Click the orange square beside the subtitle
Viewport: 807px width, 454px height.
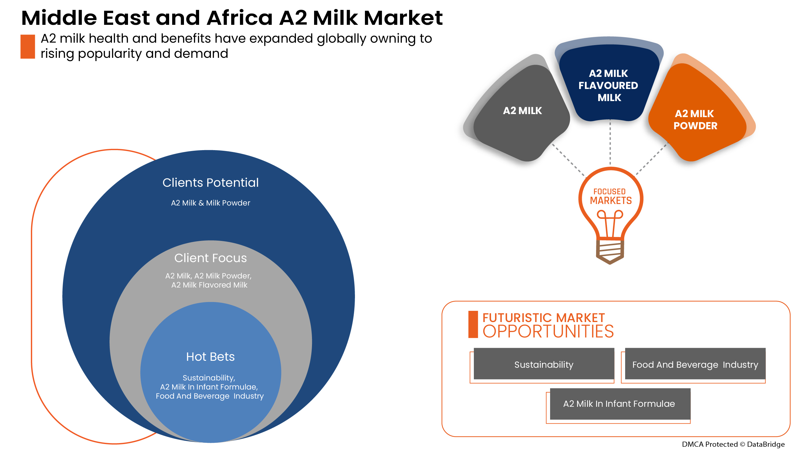pyautogui.click(x=28, y=46)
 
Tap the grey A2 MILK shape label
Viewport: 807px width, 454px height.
pyautogui.click(x=522, y=110)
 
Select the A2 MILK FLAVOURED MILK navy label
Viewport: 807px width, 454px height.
pyautogui.click(x=608, y=85)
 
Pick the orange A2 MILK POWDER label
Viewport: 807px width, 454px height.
pyautogui.click(x=695, y=119)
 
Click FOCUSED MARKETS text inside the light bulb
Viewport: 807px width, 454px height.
pyautogui.click(x=610, y=196)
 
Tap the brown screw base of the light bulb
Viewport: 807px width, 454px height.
pyautogui.click(x=610, y=251)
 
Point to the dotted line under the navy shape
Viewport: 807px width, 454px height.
pyautogui.click(x=610, y=143)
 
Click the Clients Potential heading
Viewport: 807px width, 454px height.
pyautogui.click(x=211, y=183)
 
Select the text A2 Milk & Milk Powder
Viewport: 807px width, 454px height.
pyautogui.click(x=211, y=203)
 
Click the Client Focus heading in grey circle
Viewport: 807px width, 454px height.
pyautogui.click(x=211, y=258)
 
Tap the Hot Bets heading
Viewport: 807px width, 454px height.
pyautogui.click(x=210, y=357)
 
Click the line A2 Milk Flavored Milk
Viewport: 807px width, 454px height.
pyautogui.click(x=209, y=285)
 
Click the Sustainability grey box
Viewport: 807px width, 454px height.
pyautogui.click(x=543, y=364)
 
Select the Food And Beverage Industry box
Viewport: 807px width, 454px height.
pyautogui.click(x=695, y=364)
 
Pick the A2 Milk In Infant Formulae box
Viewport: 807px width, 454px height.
pyautogui.click(x=619, y=403)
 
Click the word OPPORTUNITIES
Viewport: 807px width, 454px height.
pyautogui.click(x=548, y=331)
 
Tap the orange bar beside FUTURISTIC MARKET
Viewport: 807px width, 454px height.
pyautogui.click(x=473, y=324)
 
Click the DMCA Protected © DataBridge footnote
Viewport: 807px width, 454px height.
pyautogui.click(x=733, y=444)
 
